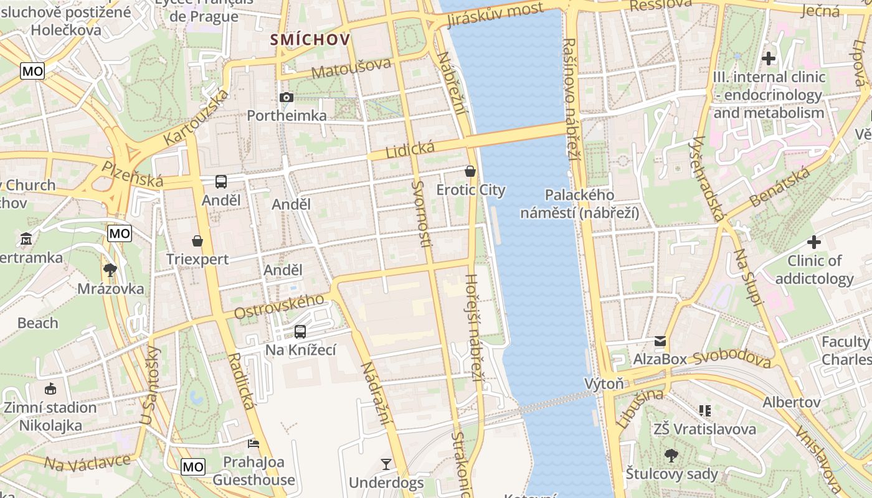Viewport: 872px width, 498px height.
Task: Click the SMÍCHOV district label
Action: (310, 40)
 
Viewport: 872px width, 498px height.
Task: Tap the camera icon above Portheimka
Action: (287, 97)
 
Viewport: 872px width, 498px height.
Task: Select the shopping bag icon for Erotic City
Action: (470, 171)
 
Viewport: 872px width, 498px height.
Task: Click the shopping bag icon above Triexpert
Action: (197, 240)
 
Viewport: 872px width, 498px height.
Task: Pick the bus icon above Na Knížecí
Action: (300, 331)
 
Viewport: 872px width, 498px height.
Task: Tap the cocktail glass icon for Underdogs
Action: (386, 464)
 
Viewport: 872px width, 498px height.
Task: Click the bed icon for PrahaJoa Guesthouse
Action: (254, 444)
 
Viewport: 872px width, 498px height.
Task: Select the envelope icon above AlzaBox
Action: (660, 341)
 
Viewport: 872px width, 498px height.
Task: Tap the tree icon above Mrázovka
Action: (110, 270)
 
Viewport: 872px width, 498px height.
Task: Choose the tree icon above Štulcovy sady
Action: (671, 456)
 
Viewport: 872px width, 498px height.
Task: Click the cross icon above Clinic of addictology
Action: (814, 242)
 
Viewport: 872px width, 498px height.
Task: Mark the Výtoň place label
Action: (604, 383)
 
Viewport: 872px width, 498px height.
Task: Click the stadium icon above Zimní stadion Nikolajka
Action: (50, 389)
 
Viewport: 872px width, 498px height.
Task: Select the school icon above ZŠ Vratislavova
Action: (705, 410)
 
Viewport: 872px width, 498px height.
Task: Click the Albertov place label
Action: (792, 402)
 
